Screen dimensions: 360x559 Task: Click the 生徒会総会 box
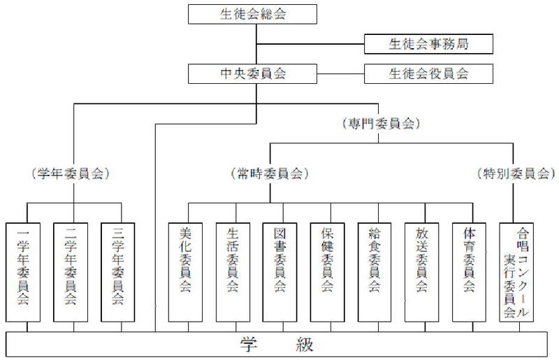(257, 13)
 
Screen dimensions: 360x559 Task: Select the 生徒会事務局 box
(428, 44)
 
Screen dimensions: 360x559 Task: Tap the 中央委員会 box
(257, 72)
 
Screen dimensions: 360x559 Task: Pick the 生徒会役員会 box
(428, 72)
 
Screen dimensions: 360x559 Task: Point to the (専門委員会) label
(381, 123)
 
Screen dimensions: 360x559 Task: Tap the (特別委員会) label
(516, 172)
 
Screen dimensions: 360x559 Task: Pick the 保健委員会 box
(328, 273)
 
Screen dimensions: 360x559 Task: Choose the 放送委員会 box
(422, 273)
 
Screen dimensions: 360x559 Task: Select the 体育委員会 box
(470, 273)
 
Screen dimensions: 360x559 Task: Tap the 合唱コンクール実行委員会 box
(518, 273)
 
